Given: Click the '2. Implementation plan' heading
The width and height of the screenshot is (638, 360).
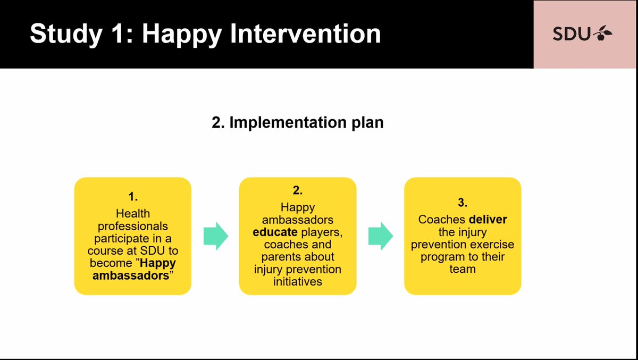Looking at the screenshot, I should pyautogui.click(x=297, y=122).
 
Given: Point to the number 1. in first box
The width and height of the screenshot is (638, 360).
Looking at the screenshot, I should pyautogui.click(x=132, y=197).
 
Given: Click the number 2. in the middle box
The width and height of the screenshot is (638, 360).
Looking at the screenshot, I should pyautogui.click(x=298, y=190).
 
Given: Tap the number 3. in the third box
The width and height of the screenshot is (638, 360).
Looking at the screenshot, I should pyautogui.click(x=463, y=202).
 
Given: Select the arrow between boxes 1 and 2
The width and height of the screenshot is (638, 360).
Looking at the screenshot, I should pyautogui.click(x=215, y=236).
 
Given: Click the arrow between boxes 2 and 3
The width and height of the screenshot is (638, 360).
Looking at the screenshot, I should pyautogui.click(x=380, y=236).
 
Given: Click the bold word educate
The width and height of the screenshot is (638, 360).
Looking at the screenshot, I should pyautogui.click(x=275, y=232).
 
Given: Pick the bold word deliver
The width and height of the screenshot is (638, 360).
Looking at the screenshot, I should pyautogui.click(x=488, y=219).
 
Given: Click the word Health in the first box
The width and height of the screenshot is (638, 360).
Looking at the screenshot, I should pyautogui.click(x=132, y=213).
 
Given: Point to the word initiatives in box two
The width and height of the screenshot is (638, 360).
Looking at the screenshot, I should pyautogui.click(x=298, y=282).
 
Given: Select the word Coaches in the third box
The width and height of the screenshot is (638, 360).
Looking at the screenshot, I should pyautogui.click(x=441, y=219).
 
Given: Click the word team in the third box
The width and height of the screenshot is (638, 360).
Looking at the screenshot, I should pyautogui.click(x=463, y=269).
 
